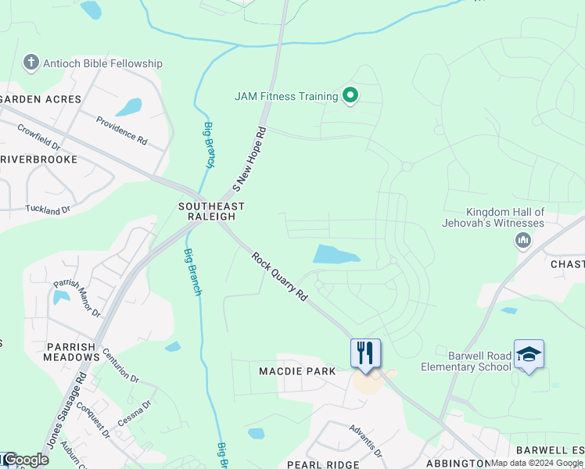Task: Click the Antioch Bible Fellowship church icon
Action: point(31,63)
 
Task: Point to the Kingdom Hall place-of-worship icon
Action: point(522,240)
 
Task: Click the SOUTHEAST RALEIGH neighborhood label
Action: point(211,211)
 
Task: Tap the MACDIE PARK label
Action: point(297,371)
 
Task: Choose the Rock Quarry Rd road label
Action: point(279,276)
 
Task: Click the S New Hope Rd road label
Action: point(250,160)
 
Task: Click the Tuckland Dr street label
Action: point(48,209)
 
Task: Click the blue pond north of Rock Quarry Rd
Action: point(335,255)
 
